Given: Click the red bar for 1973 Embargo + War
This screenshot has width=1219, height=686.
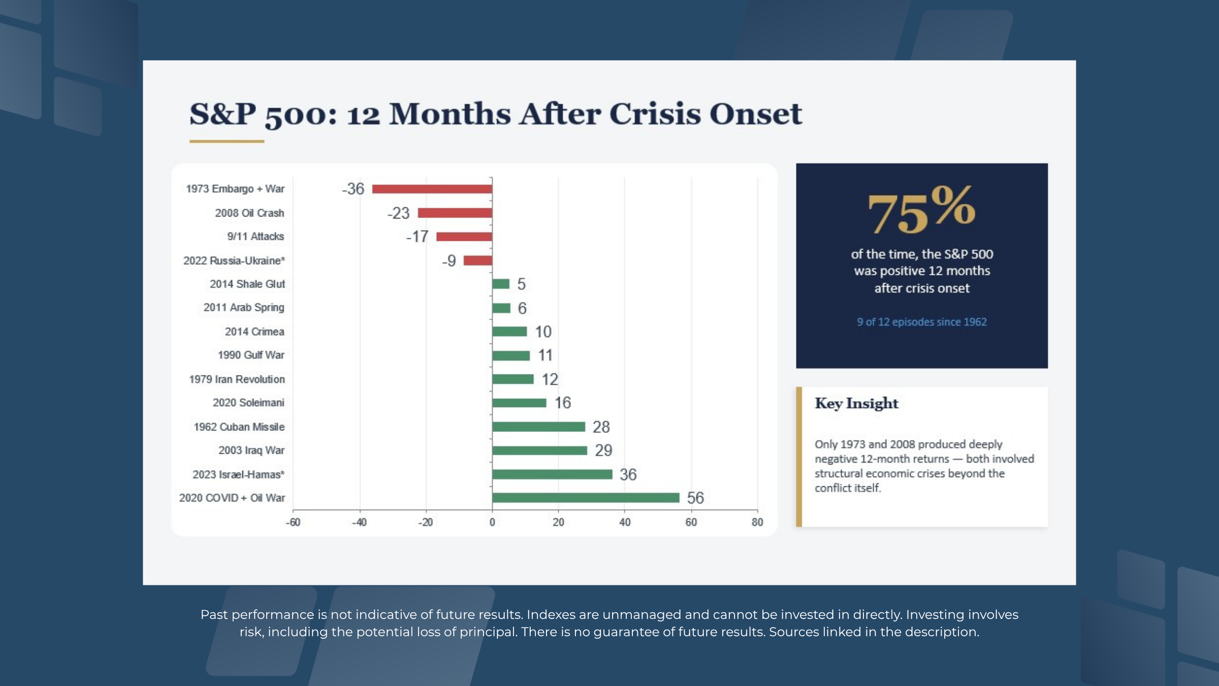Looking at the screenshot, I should [x=432, y=189].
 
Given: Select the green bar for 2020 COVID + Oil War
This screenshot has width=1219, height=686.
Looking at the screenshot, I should [x=586, y=497].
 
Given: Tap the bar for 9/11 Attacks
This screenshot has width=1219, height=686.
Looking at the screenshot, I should [x=464, y=237].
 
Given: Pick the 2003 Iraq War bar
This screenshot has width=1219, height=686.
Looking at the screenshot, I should [x=539, y=451].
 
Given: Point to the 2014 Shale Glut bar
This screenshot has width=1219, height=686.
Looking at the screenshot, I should [x=501, y=284].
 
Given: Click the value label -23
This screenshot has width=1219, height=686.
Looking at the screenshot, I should [x=398, y=213].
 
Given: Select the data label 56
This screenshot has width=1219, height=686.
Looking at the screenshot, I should [x=695, y=498].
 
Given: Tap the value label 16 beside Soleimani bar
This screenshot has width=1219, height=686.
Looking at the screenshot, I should [x=563, y=403].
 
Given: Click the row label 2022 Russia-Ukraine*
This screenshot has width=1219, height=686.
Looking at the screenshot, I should [x=234, y=261].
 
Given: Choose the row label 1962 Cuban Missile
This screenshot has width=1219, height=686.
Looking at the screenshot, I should [x=239, y=427].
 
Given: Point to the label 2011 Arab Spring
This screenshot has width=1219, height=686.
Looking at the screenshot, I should [x=244, y=307].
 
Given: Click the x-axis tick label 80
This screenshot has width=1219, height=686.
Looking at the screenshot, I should [x=757, y=522].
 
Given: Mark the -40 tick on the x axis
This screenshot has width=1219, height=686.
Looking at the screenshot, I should [x=359, y=522].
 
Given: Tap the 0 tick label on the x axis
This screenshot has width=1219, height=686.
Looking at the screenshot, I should [x=492, y=522].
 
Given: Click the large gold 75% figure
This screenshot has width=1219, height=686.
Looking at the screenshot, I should [x=921, y=210].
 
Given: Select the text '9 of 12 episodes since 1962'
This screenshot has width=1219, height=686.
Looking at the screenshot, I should [x=921, y=322].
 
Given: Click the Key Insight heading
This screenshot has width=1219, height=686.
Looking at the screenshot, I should [x=856, y=403].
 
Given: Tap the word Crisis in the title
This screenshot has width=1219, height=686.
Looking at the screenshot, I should [x=654, y=114].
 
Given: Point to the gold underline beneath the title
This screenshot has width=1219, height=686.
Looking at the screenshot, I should [x=227, y=141].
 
